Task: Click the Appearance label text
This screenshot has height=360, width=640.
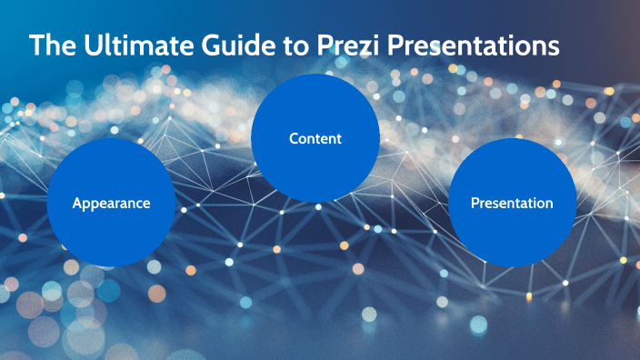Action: click(x=111, y=204)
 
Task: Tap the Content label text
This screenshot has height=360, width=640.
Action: click(x=315, y=139)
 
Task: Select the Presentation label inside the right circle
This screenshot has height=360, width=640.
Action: click(x=511, y=204)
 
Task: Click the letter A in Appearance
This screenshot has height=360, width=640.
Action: click(x=77, y=204)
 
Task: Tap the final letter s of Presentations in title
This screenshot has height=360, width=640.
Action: click(x=553, y=46)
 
